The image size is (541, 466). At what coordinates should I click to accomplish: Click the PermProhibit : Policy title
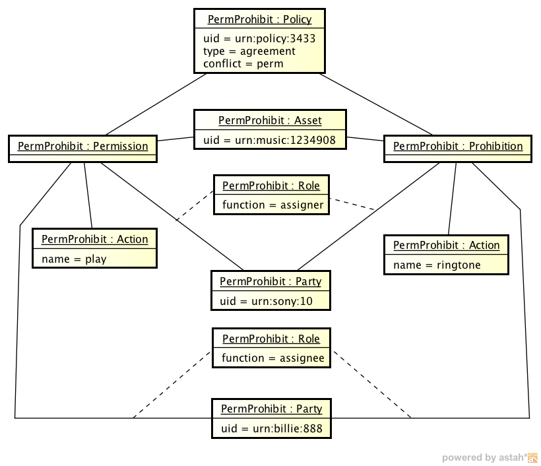(x=259, y=20)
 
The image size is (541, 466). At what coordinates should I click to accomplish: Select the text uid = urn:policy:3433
(x=259, y=38)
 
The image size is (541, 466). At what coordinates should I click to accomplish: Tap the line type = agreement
(x=249, y=51)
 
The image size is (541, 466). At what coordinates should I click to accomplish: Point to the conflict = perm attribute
(x=243, y=64)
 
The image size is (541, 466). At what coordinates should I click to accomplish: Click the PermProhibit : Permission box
(x=82, y=147)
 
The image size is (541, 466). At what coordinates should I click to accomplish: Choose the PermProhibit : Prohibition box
(x=458, y=147)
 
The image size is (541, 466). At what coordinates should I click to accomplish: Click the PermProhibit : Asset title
(x=270, y=120)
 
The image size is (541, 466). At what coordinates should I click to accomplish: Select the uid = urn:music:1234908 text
(x=270, y=139)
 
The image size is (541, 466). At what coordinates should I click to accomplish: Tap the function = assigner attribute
(x=272, y=205)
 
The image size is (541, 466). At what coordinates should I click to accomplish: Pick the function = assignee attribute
(x=272, y=358)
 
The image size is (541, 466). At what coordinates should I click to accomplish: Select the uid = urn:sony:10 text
(x=265, y=301)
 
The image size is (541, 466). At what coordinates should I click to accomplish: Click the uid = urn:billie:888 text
(x=271, y=428)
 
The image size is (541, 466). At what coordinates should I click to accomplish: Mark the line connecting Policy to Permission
(x=156, y=104)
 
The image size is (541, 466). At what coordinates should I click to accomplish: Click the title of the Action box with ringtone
(x=446, y=246)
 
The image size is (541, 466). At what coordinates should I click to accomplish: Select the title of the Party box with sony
(x=270, y=282)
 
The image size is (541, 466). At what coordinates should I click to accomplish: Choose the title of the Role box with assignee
(x=271, y=339)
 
